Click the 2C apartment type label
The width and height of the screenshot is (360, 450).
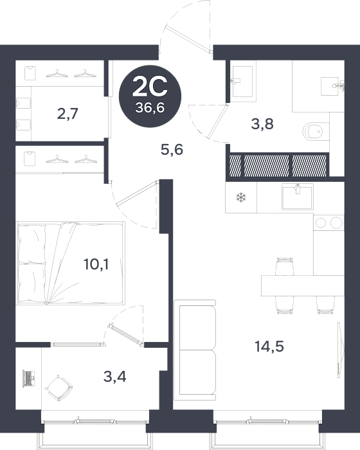tap(150, 87)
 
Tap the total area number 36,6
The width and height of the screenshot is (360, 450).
tap(150, 108)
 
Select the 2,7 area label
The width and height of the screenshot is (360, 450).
tap(67, 114)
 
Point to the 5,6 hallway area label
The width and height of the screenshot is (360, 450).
tap(172, 150)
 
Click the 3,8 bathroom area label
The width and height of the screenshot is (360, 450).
tap(262, 124)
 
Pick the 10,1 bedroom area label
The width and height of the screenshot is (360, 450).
tap(96, 264)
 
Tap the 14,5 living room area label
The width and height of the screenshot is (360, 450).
tap(269, 346)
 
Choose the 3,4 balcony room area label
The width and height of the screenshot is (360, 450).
tap(115, 377)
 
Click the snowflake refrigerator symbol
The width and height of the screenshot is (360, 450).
tap(241, 197)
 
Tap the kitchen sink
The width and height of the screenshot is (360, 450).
tap(298, 197)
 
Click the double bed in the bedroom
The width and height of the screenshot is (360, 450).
tap(71, 263)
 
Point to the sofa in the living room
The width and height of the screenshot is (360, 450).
tap(195, 350)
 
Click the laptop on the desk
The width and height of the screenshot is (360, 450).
tap(29, 379)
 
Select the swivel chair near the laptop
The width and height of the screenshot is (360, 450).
tap(59, 388)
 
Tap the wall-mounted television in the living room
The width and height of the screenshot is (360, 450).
tap(340, 349)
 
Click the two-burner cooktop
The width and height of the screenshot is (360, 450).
tap(328, 222)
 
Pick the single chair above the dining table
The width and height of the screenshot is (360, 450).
tap(285, 266)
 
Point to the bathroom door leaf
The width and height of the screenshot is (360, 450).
tap(217, 121)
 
